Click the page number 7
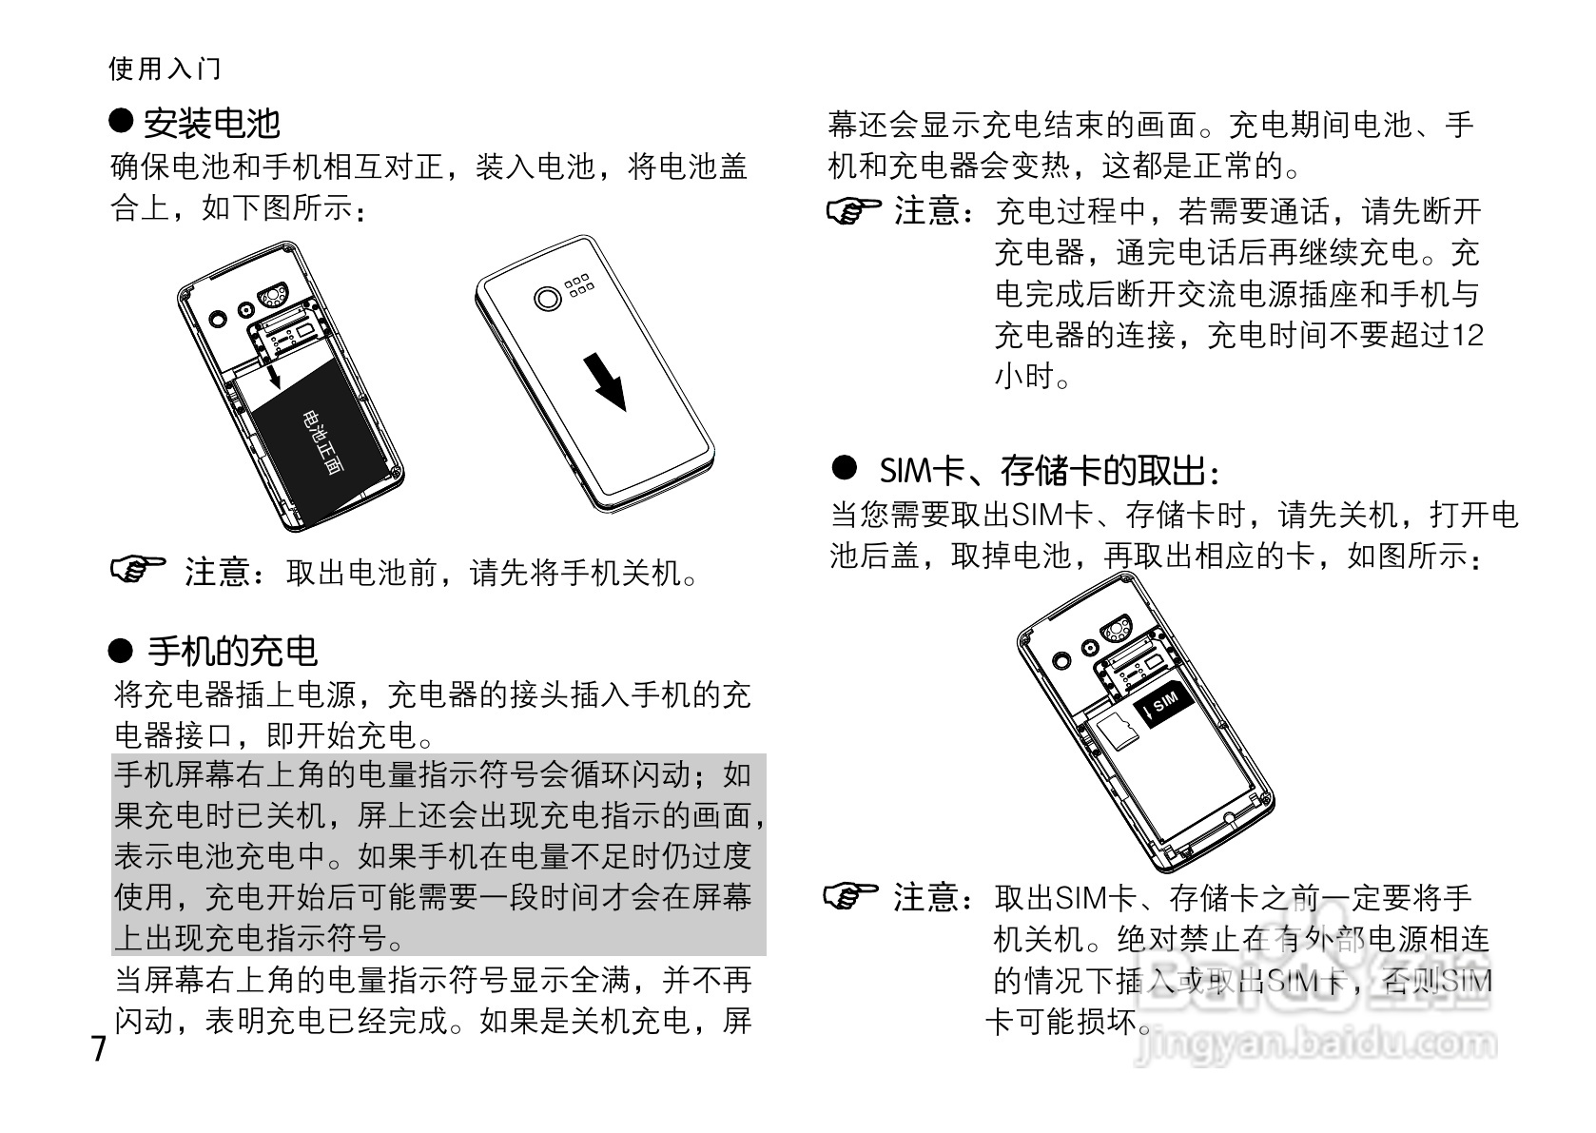[99, 1050]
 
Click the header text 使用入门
[165, 68]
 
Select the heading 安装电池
[211, 123]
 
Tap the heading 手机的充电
[232, 652]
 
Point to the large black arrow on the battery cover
[605, 381]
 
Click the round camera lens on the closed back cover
[548, 298]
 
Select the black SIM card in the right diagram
[1159, 705]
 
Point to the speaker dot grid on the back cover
[579, 288]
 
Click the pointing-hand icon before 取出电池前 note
[138, 570]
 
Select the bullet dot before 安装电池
[121, 121]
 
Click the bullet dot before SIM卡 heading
[845, 467]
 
